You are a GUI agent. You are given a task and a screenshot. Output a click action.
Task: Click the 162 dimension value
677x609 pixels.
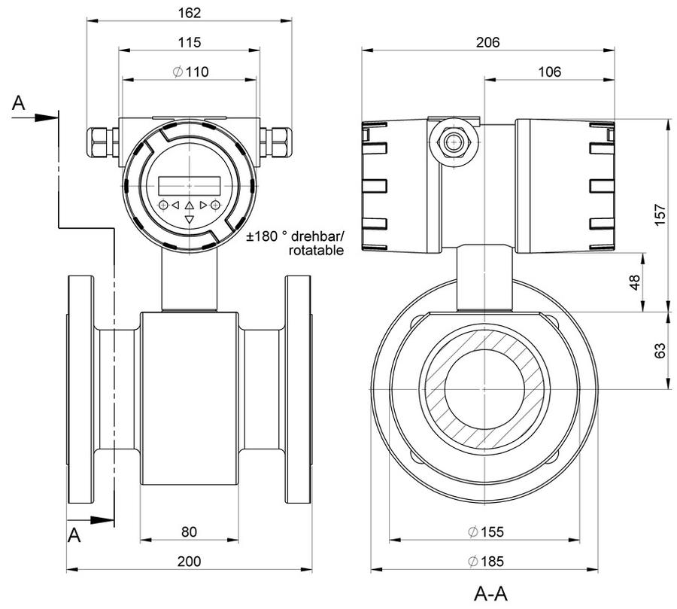coord(190,13)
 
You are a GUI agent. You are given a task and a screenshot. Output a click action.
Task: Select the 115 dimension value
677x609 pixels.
coord(190,42)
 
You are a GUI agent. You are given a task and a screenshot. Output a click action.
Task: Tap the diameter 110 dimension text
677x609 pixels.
coord(190,72)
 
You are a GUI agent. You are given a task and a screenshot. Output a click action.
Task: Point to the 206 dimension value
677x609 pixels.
coord(488,42)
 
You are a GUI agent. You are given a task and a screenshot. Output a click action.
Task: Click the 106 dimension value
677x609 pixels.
coord(549,72)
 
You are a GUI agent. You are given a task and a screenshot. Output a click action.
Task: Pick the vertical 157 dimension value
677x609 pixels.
coord(660,215)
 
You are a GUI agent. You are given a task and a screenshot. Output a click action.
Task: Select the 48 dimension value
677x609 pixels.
coord(635,282)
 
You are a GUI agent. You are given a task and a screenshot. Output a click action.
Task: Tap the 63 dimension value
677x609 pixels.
coord(660,351)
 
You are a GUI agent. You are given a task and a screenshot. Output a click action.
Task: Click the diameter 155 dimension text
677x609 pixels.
coord(486,531)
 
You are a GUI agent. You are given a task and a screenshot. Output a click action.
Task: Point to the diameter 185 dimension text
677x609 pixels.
coord(486,561)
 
